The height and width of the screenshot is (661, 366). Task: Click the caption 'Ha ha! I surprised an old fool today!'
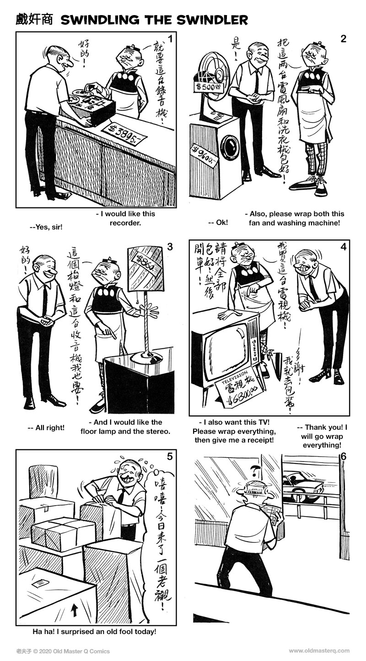(x=94, y=632)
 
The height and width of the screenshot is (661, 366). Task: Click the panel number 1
(x=170, y=39)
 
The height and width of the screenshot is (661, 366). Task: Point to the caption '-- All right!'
(x=46, y=428)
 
